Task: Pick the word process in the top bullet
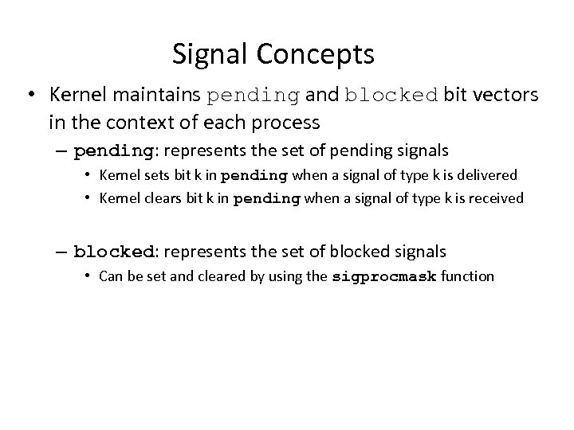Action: [285, 123]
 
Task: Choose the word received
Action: [495, 198]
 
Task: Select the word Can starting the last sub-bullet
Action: [110, 277]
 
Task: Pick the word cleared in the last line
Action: [202, 277]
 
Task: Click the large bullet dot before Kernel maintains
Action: [29, 96]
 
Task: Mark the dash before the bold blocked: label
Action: [62, 252]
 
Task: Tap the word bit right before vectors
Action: [455, 96]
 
